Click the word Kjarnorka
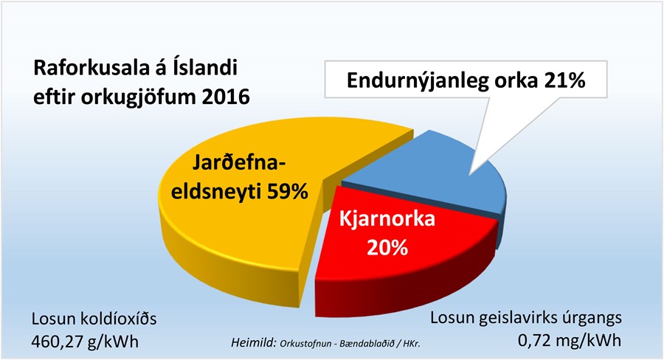[x=389, y=221]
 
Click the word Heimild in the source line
[x=252, y=343]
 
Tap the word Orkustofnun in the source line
[x=311, y=343]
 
